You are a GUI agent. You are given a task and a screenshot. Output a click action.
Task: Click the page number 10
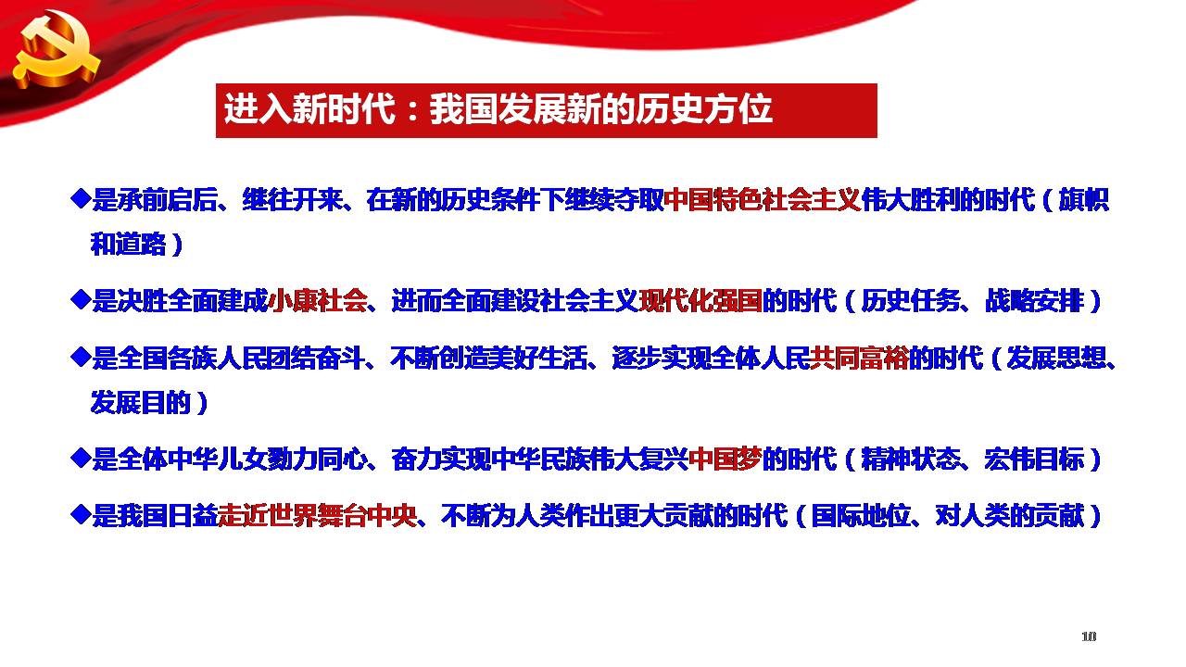1088,636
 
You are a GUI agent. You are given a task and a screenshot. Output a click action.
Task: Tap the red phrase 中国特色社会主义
763,200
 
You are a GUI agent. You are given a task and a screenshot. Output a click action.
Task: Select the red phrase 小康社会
318,301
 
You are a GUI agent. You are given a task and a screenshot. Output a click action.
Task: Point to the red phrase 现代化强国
700,301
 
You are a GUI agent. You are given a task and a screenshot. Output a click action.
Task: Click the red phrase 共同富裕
859,358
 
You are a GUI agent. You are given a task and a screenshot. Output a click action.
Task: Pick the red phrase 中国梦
725,459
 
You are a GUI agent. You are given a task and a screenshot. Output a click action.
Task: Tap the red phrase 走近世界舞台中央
318,515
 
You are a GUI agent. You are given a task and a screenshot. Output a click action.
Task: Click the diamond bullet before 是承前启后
81,198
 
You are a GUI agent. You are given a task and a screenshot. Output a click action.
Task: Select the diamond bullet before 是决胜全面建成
81,299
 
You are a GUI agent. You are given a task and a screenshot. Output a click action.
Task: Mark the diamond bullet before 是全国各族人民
81,357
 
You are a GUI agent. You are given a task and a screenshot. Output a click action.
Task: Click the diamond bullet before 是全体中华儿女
81,457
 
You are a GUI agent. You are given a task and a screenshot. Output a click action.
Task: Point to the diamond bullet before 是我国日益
81,513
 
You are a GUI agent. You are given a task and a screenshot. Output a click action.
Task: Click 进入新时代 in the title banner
309,109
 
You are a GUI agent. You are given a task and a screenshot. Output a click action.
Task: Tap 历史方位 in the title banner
703,109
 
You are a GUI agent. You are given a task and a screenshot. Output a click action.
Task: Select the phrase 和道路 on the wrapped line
129,244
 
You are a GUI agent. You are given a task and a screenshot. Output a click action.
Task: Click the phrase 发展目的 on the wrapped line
140,402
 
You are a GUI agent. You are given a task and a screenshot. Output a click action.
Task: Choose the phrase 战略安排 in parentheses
1034,301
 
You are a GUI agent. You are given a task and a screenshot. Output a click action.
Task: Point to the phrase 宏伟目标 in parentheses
1034,459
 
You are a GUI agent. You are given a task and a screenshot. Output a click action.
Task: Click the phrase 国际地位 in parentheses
861,515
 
